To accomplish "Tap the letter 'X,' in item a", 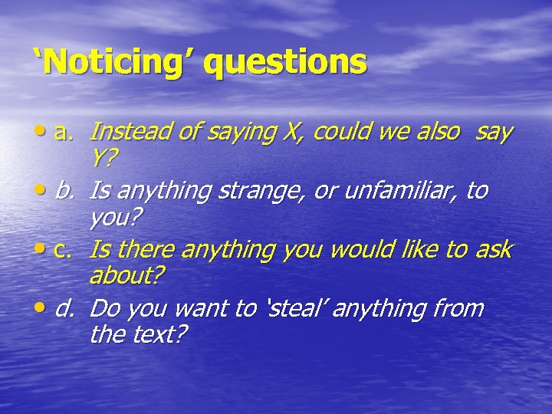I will coord(293,132).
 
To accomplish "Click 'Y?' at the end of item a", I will coord(103,159).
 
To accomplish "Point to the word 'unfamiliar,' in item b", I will coord(399,190).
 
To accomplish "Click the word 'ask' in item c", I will coord(493,249).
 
